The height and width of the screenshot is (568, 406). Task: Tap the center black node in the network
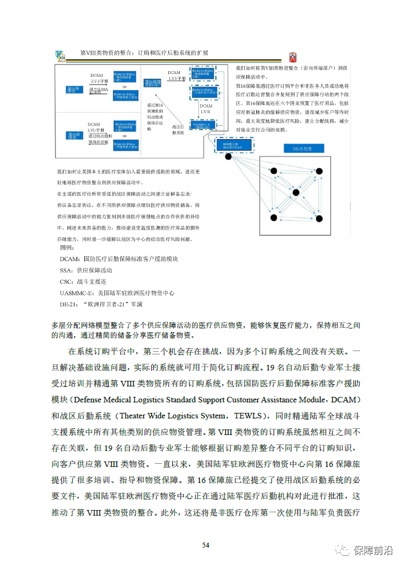point(296,192)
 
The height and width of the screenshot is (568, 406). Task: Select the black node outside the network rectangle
point(228,157)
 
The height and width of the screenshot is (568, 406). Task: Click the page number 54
point(205,545)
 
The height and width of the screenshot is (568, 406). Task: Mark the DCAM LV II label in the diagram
point(206,109)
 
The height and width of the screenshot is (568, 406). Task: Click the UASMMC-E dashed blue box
point(206,126)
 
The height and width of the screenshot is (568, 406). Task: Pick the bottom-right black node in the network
point(318,219)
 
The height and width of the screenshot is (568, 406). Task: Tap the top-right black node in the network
point(318,172)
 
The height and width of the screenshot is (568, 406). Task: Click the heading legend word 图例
point(67,247)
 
